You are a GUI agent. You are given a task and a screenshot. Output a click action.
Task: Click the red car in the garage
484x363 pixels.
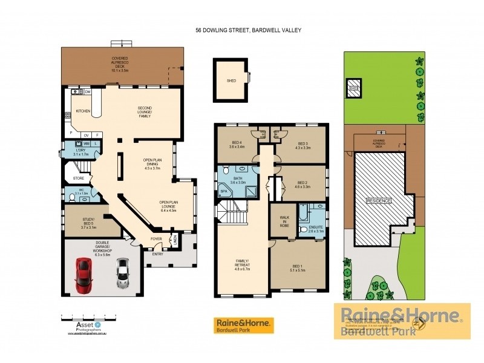point(83,273)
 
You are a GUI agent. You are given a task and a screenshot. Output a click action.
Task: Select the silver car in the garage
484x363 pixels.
point(123,273)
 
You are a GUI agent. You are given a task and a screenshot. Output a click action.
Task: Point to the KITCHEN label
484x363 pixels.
point(83,111)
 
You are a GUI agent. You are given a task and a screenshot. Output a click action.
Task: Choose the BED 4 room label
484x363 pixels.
point(236,144)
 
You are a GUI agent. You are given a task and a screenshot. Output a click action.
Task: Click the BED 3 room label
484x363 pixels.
point(302,144)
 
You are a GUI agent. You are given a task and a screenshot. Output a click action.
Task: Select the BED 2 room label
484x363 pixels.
point(302,185)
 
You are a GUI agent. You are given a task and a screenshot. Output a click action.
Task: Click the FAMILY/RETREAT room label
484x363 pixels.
point(242,264)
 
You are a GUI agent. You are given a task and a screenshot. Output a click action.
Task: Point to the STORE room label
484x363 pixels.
point(78,178)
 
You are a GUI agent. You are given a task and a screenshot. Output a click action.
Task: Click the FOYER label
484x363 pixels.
point(155,238)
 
